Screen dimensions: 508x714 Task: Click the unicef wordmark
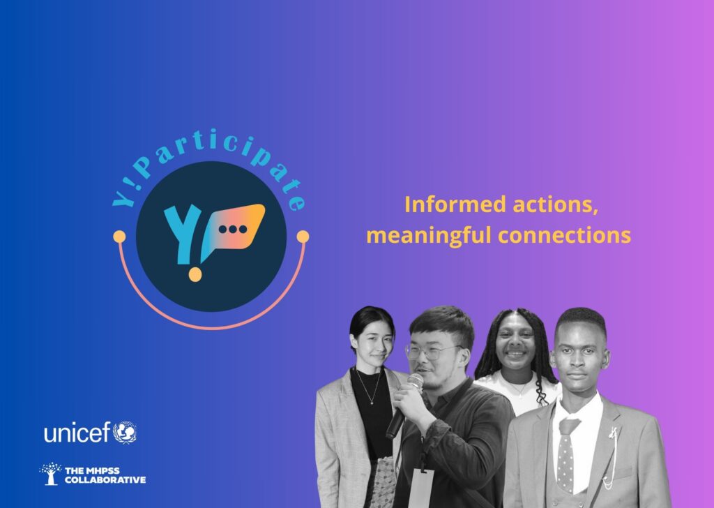(x=77, y=433)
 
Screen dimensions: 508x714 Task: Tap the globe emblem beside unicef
(x=126, y=432)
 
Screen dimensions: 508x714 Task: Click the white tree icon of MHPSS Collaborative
(x=50, y=474)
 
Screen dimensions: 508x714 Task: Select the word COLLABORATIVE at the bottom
(x=105, y=480)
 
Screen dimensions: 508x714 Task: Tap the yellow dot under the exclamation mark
(x=195, y=274)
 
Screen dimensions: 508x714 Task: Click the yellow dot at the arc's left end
(x=119, y=237)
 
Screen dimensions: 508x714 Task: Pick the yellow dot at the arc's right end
(x=303, y=237)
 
